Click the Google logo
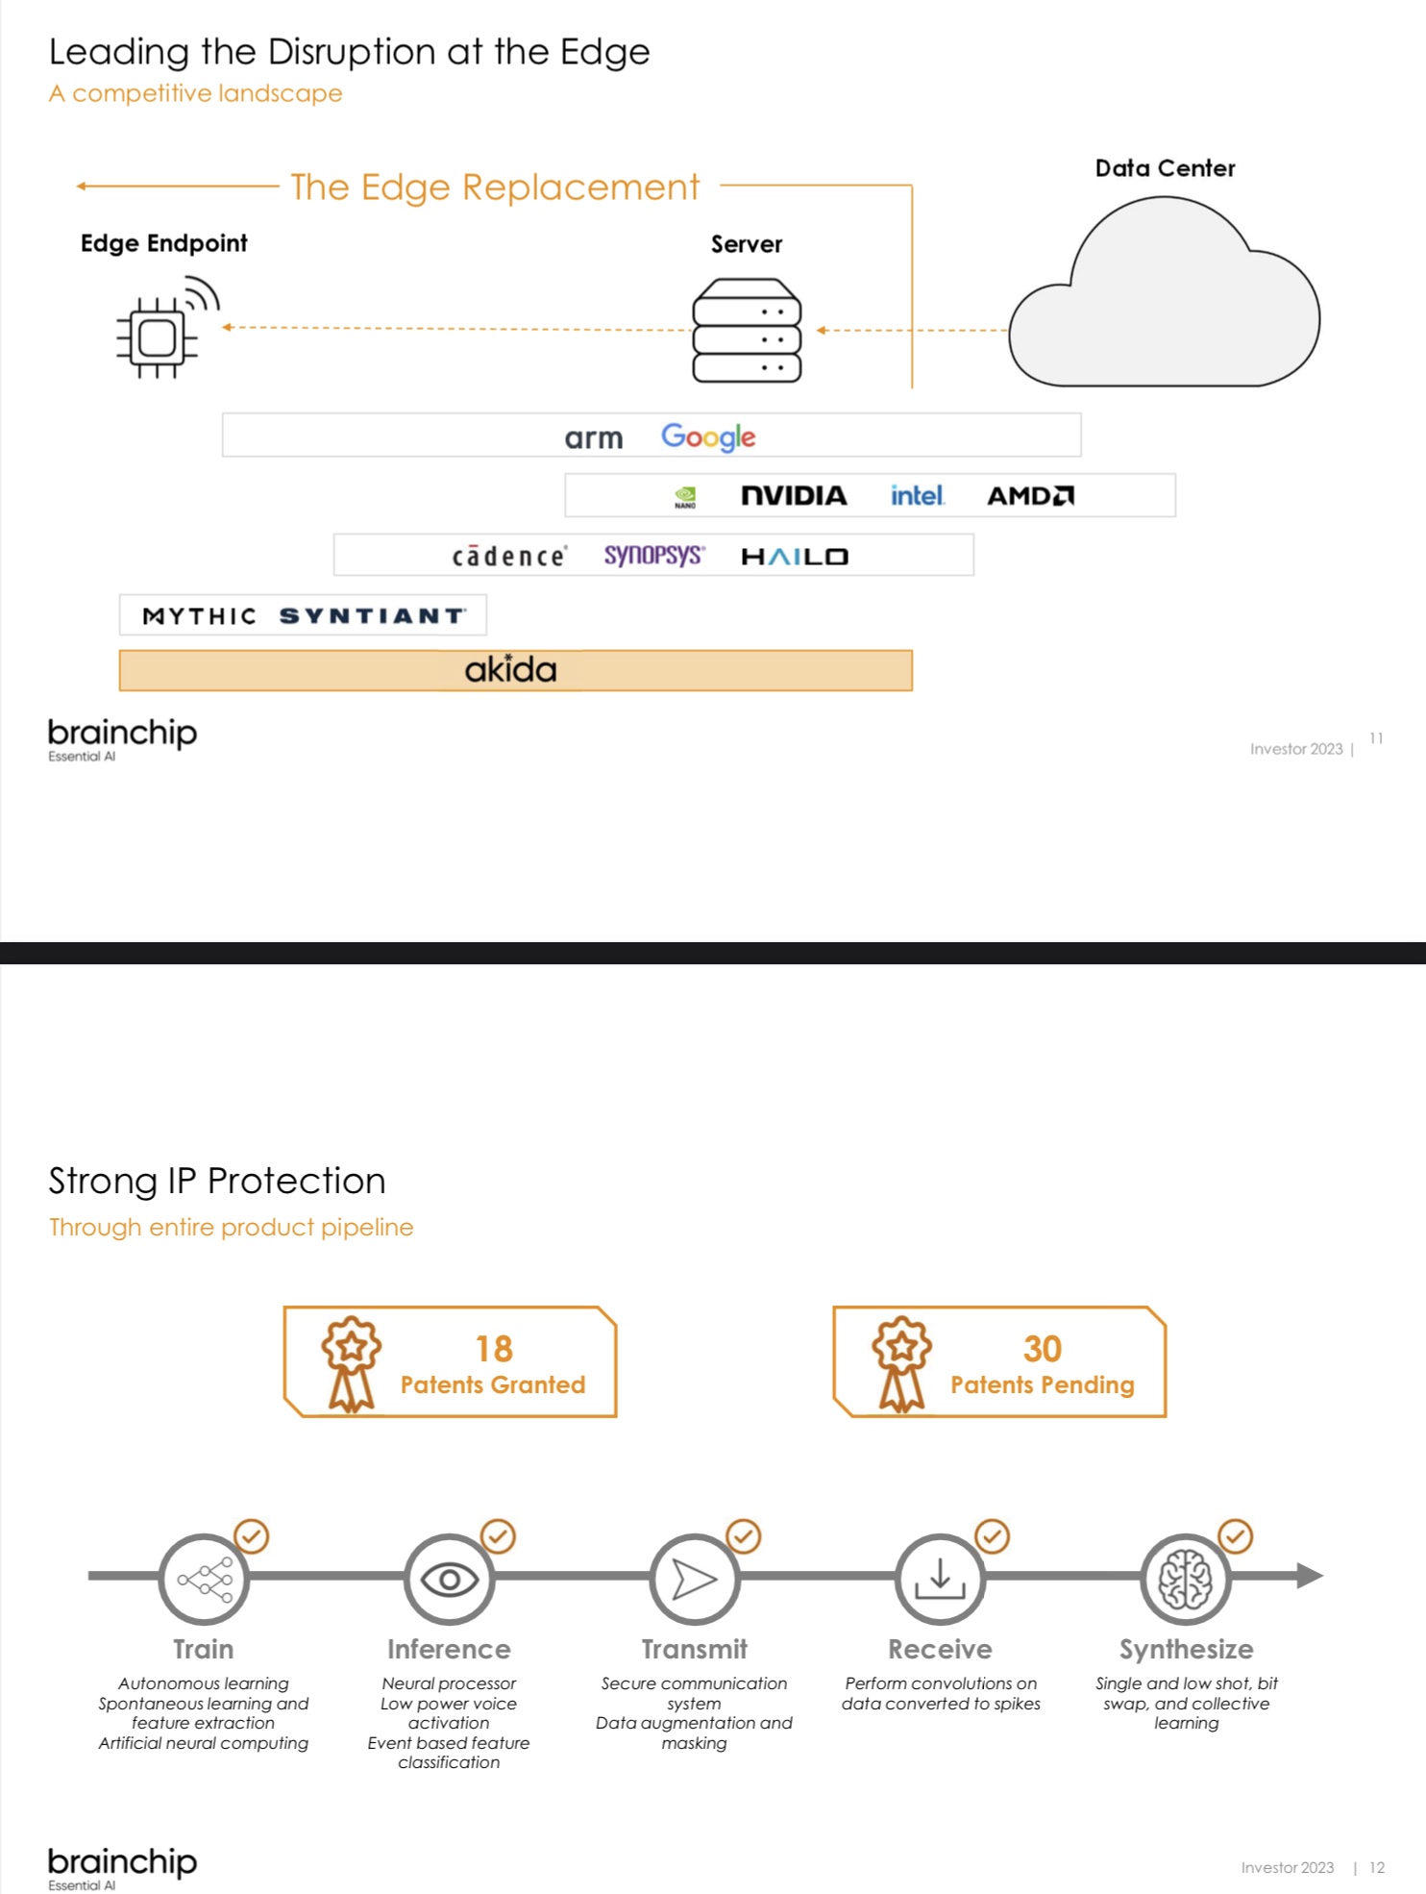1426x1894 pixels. [x=708, y=436]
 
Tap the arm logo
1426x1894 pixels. [x=594, y=438]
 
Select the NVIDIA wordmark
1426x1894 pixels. [x=794, y=495]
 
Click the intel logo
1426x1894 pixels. [x=917, y=495]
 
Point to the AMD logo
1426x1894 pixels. [x=1030, y=495]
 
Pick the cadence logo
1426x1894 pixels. [x=509, y=556]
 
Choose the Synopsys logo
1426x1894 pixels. [x=653, y=555]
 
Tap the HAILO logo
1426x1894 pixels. [x=795, y=556]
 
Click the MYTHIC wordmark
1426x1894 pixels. [x=200, y=615]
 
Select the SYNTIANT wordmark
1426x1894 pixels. [x=373, y=615]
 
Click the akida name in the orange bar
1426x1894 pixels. [x=510, y=669]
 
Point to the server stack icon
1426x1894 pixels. [x=747, y=330]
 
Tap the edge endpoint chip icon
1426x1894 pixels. [x=158, y=336]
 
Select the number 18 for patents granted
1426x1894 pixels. [x=494, y=1349]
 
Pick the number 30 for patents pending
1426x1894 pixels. [x=1043, y=1349]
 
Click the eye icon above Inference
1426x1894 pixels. [x=449, y=1579]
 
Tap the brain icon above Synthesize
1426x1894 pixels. [x=1186, y=1579]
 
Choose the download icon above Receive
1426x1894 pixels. [x=940, y=1579]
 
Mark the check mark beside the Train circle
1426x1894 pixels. [x=252, y=1535]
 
